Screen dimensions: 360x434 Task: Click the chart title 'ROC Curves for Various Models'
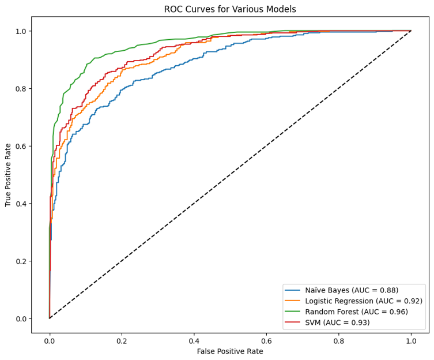(x=230, y=9)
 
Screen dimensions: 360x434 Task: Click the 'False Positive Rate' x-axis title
(x=230, y=351)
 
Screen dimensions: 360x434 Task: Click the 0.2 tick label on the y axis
(x=21, y=261)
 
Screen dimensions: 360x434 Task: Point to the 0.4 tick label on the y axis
(x=21, y=204)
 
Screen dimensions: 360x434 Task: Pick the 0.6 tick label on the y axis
(x=21, y=146)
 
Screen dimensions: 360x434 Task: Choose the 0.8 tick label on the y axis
(x=21, y=89)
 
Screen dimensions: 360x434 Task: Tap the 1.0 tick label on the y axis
(x=21, y=31)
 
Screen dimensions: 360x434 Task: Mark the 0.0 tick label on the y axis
(x=21, y=319)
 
